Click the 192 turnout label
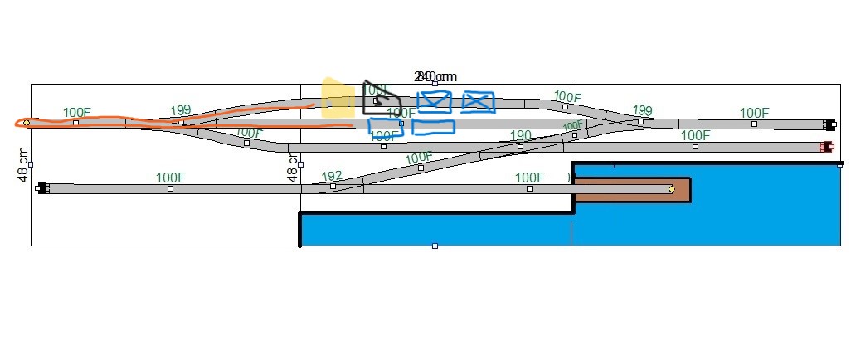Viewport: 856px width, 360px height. pyautogui.click(x=332, y=176)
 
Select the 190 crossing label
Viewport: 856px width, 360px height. pyautogui.click(x=521, y=135)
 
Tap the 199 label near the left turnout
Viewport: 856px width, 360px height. pyautogui.click(x=181, y=110)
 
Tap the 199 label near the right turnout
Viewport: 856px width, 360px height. pyautogui.click(x=642, y=110)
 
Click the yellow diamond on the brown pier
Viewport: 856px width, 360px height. pyautogui.click(x=671, y=189)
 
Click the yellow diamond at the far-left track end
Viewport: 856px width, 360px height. pyautogui.click(x=27, y=123)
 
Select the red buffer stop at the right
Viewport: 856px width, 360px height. pyautogui.click(x=826, y=147)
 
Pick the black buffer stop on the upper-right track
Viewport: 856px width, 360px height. pyautogui.click(x=829, y=125)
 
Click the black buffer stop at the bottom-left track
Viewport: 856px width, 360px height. pyautogui.click(x=42, y=188)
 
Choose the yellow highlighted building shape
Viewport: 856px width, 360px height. pyautogui.click(x=337, y=98)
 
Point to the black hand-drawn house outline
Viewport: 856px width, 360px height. pyautogui.click(x=381, y=100)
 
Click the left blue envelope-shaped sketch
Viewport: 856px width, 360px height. pyautogui.click(x=434, y=101)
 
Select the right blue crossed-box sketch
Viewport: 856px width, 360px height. pyautogui.click(x=478, y=102)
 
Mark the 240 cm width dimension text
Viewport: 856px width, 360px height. pyautogui.click(x=436, y=76)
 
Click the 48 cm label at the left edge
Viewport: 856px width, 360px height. pyautogui.click(x=24, y=164)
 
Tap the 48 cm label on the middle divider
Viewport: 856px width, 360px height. pyautogui.click(x=292, y=167)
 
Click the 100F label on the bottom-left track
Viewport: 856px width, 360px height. pyautogui.click(x=170, y=178)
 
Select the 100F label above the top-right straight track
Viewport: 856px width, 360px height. pyautogui.click(x=754, y=113)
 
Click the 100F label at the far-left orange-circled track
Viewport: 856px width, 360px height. pyautogui.click(x=76, y=113)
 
